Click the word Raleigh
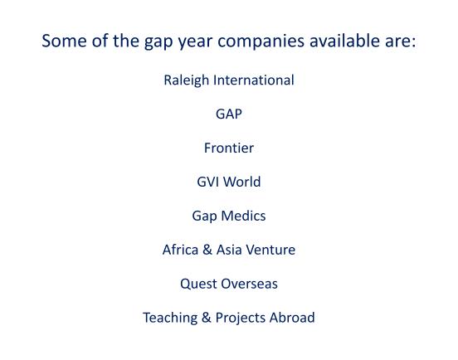[187, 80]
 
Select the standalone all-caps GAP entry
[229, 114]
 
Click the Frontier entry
[229, 148]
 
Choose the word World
[241, 182]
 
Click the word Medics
[243, 216]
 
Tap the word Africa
[181, 250]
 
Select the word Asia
[229, 250]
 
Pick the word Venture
[270, 250]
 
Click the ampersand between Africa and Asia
[207, 250]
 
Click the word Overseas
[249, 284]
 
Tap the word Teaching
[170, 318]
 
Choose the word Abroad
[292, 318]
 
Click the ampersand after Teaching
[207, 318]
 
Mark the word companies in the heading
[261, 41]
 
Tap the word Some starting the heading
[64, 41]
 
